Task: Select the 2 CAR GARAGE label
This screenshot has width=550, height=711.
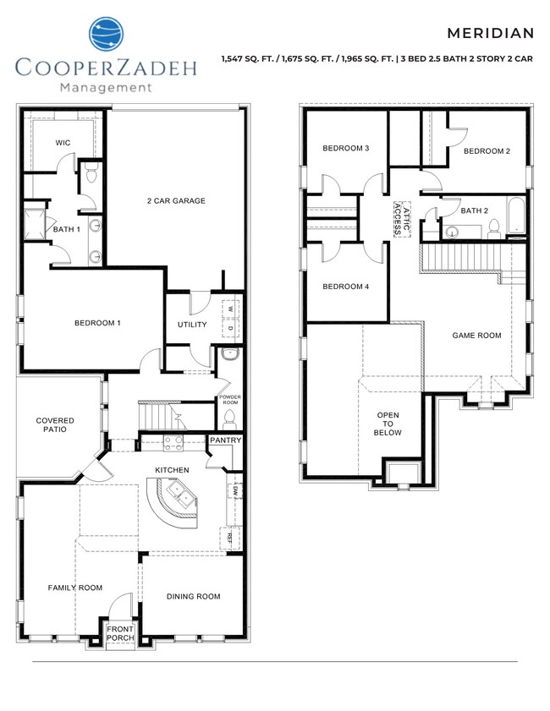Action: pos(176,200)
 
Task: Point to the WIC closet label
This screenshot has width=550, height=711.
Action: pos(63,143)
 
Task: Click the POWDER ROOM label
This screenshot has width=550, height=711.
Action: pos(230,399)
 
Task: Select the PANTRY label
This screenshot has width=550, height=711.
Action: pos(226,440)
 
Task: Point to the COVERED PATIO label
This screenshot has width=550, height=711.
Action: pos(55,425)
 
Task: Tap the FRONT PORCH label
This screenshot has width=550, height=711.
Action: pos(120,632)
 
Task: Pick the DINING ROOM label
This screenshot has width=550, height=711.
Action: pos(193,596)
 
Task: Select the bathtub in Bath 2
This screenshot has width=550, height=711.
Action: pos(515,217)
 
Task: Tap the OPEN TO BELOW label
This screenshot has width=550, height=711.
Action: pos(388,424)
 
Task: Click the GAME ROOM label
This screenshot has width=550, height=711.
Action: pos(476,336)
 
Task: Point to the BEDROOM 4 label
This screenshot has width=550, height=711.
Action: pos(345,287)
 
